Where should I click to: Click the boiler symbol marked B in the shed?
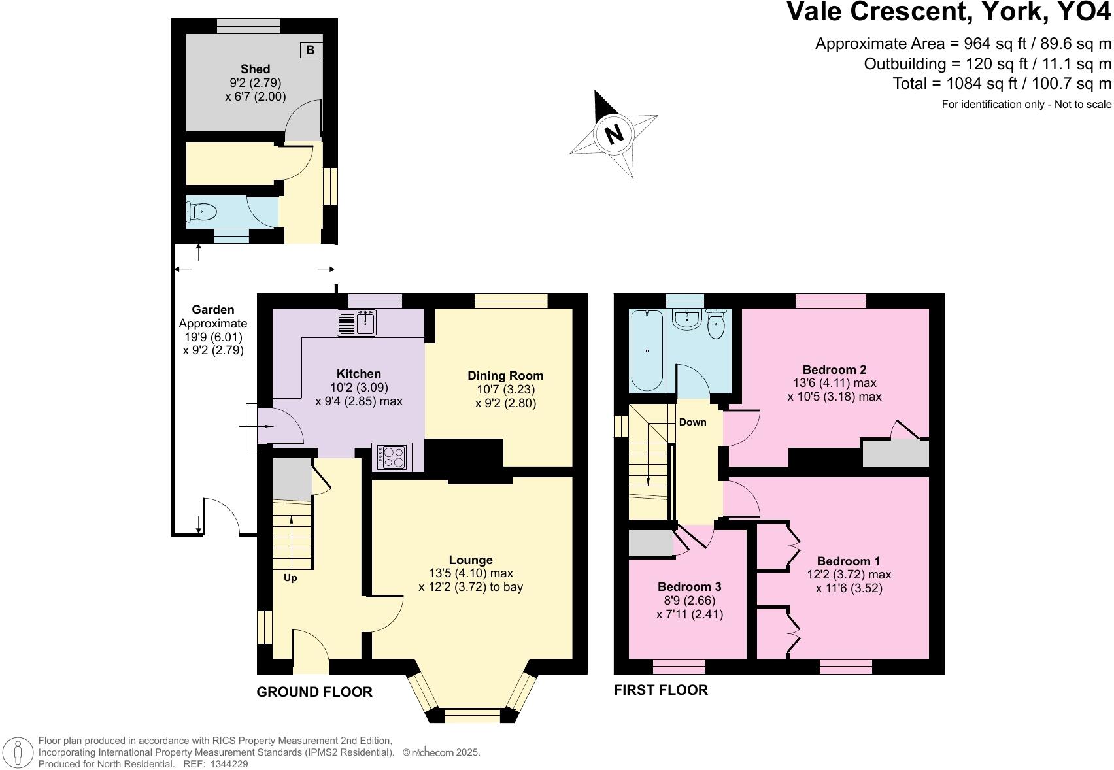point(311,50)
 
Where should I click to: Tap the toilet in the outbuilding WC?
point(203,211)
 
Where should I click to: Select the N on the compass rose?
point(613,134)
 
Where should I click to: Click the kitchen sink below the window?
point(357,322)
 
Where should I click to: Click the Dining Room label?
point(505,375)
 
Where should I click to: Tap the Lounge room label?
point(471,560)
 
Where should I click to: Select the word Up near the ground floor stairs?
point(290,578)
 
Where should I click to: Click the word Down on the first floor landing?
point(692,422)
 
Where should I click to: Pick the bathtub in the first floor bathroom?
point(647,351)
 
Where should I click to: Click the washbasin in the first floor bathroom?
point(686,320)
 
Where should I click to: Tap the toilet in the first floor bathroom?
point(717,324)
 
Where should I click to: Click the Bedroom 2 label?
point(834,369)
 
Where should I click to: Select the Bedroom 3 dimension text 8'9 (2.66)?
point(690,600)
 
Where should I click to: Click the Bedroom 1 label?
point(849,561)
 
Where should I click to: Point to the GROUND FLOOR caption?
point(314,692)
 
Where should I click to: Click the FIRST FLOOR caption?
point(661,690)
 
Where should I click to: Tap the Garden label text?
point(213,310)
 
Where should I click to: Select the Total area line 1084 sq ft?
point(1002,84)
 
